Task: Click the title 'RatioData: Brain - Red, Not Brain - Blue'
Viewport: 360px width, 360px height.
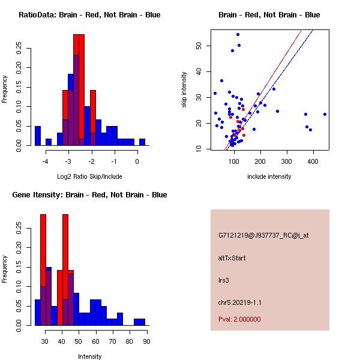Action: pyautogui.click(x=89, y=15)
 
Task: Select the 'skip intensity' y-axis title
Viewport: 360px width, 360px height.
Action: pyautogui.click(x=184, y=90)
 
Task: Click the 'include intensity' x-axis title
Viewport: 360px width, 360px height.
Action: pyautogui.click(x=269, y=176)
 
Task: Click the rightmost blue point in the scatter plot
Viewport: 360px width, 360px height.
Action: pyautogui.click(x=325, y=114)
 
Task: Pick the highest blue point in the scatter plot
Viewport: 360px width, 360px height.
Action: pyautogui.click(x=238, y=34)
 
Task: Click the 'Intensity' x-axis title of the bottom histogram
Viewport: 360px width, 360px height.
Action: pyautogui.click(x=89, y=356)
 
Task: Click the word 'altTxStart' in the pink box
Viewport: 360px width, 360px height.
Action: pyautogui.click(x=232, y=258)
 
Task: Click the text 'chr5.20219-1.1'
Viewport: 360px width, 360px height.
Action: pyautogui.click(x=240, y=301)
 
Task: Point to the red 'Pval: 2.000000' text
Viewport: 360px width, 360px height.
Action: pyautogui.click(x=239, y=319)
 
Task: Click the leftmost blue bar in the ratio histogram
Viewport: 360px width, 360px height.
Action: pyautogui.click(x=38, y=136)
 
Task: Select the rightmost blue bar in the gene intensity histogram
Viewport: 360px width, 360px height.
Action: pyautogui.click(x=142, y=322)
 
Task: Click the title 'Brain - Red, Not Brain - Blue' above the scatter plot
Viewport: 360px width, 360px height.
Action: pyautogui.click(x=269, y=15)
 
